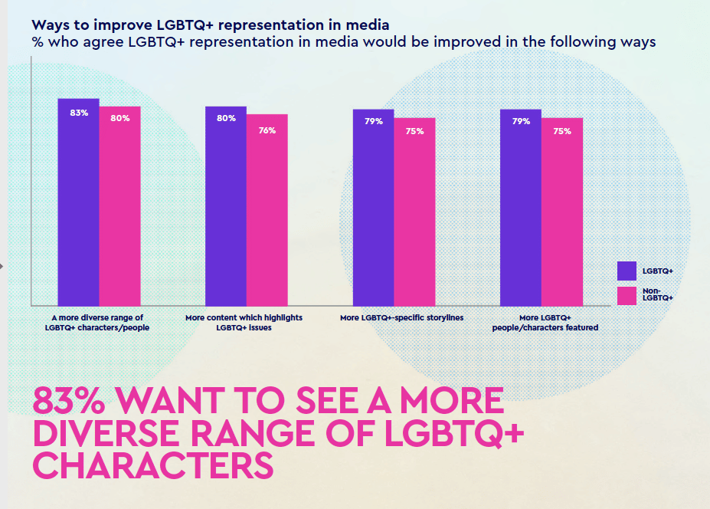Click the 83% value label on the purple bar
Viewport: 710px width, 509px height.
click(x=79, y=113)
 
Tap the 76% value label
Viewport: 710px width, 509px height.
click(x=267, y=130)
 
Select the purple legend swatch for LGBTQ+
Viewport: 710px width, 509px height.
click(x=627, y=271)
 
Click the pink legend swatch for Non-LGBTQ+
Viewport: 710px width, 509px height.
click(x=627, y=296)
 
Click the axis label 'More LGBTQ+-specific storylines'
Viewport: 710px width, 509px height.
click(x=402, y=317)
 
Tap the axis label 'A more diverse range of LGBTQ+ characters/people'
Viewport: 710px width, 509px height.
click(x=97, y=322)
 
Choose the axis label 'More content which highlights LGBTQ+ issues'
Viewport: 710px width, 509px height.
click(x=244, y=322)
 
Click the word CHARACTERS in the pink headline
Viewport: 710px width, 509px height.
click(x=154, y=466)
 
